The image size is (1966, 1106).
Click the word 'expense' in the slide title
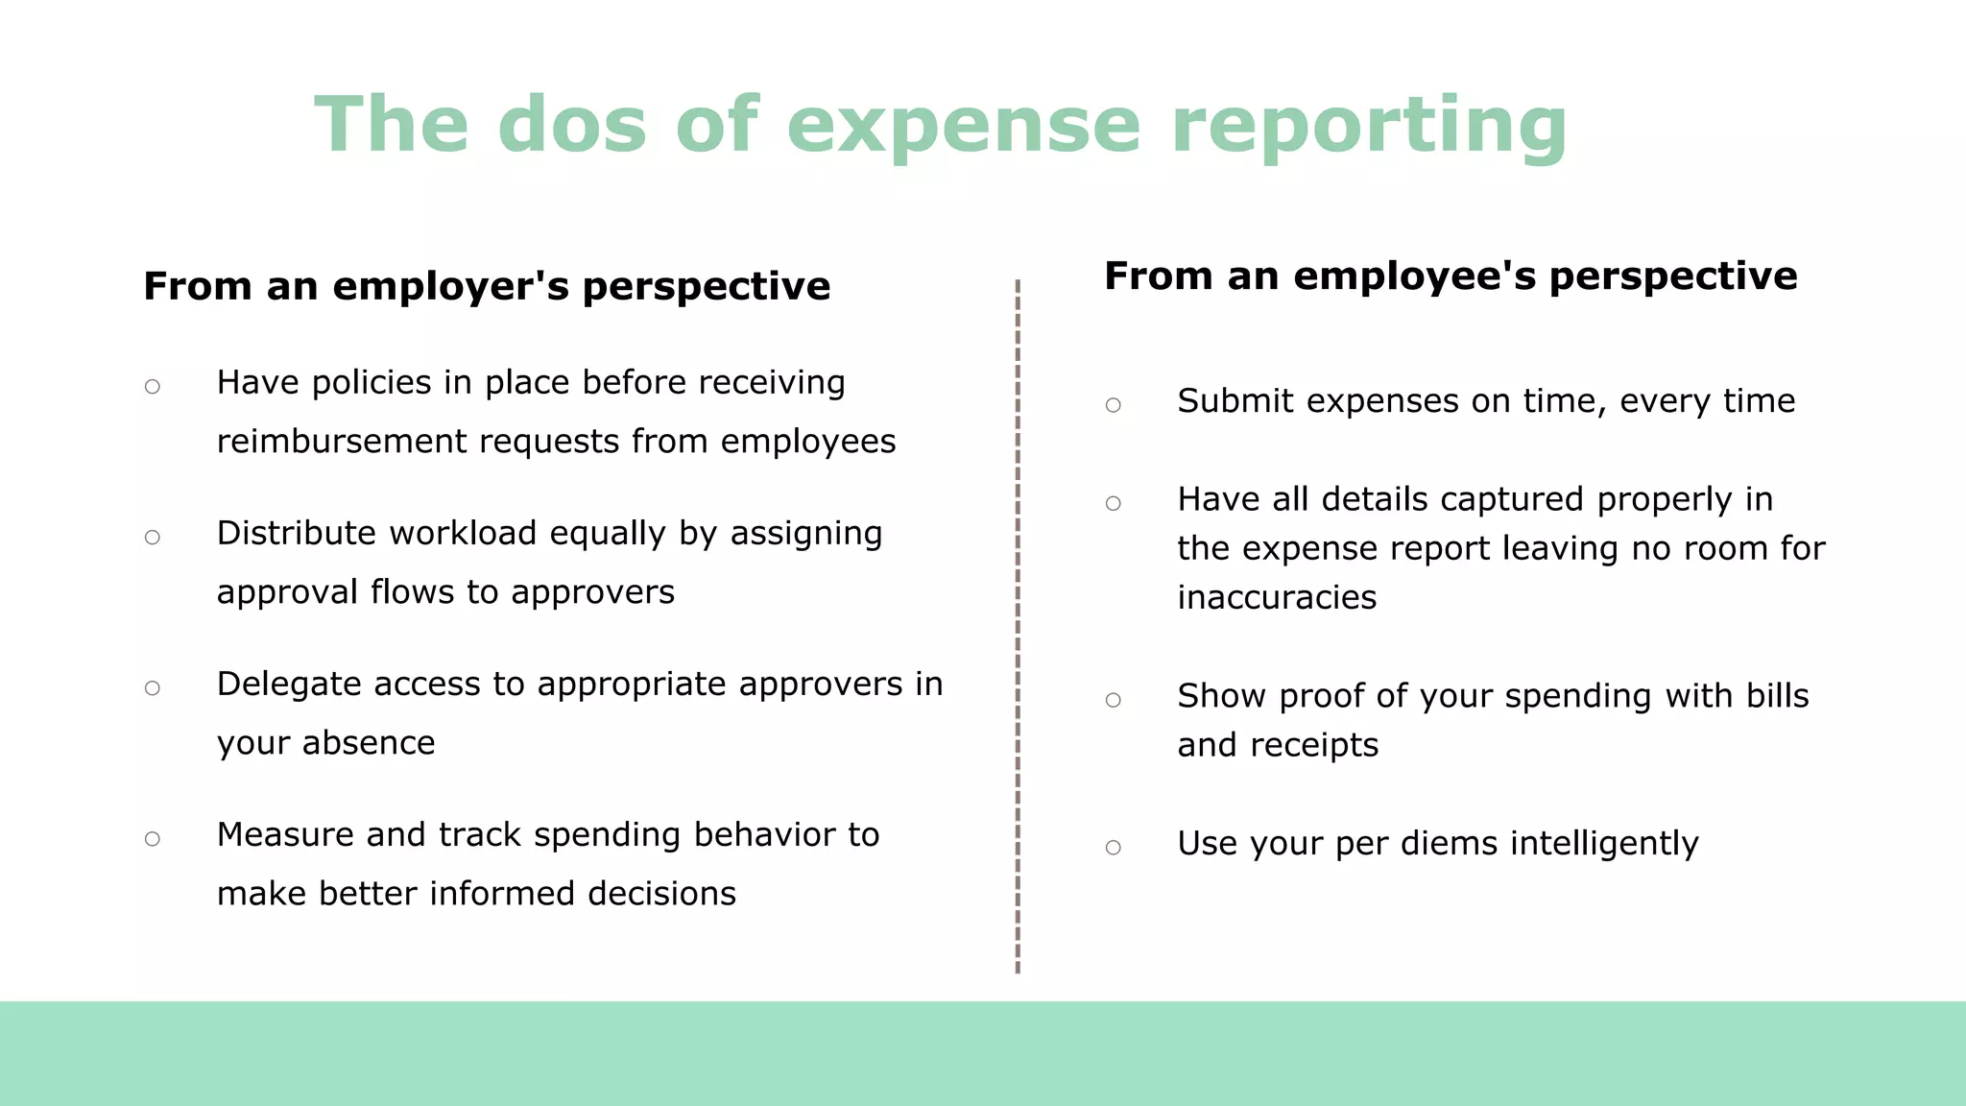pos(964,125)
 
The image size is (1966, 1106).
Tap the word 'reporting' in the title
pos(1369,125)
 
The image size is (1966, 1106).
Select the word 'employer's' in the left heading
pos(450,286)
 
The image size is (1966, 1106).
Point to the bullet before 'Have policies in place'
pos(153,387)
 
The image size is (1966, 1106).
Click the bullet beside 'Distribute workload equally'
pos(153,538)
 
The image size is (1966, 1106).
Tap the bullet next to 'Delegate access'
pos(153,688)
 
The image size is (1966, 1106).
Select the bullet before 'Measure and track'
pos(153,839)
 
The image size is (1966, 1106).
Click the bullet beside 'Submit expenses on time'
pos(1114,405)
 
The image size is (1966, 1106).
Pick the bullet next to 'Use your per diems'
pos(1114,848)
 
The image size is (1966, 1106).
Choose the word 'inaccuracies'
pos(1277,598)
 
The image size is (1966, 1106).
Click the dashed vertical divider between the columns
pos(1018,624)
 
